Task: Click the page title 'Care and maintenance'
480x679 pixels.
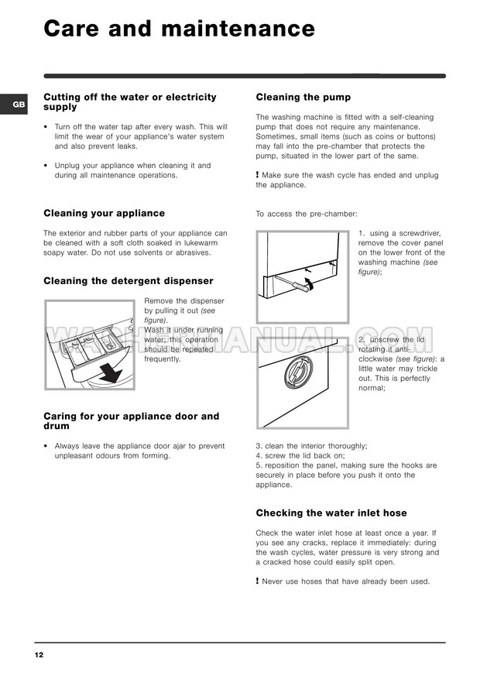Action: (179, 29)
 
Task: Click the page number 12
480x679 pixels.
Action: (39, 655)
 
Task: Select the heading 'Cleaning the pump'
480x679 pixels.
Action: (303, 98)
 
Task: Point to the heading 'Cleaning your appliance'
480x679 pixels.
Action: (104, 213)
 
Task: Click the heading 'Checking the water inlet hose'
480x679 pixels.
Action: (331, 513)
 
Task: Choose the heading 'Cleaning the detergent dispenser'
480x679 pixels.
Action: (129, 281)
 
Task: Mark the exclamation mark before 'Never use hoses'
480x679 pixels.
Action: (257, 581)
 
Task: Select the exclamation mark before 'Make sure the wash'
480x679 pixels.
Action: (257, 174)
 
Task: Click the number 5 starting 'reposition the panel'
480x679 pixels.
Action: (258, 465)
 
